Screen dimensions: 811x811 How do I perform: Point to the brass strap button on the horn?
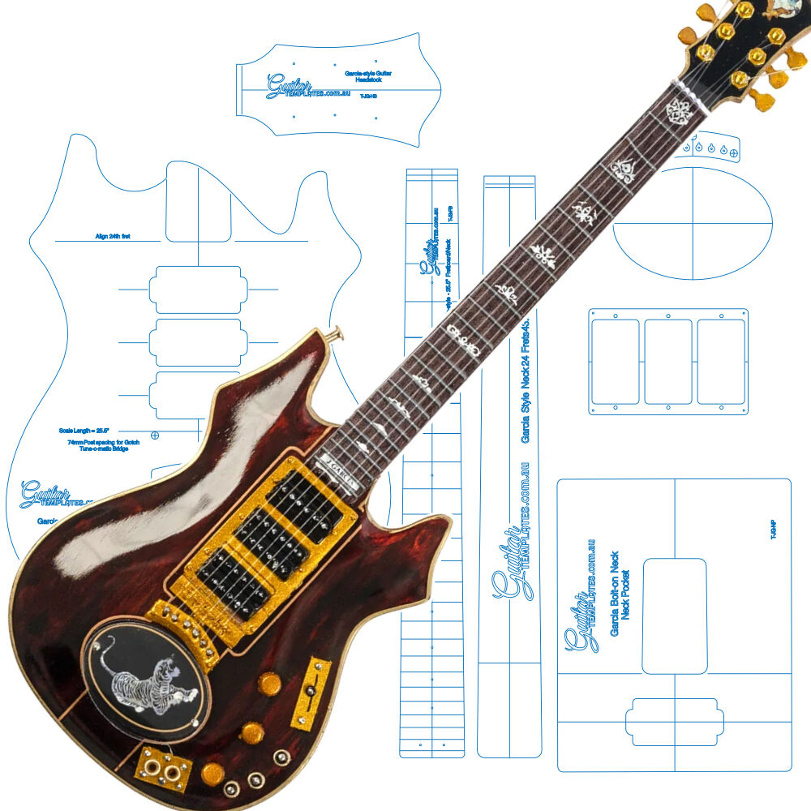pos(336,333)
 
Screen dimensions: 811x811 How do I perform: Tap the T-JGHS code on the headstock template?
pos(368,96)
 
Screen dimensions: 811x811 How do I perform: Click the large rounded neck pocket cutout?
pos(674,616)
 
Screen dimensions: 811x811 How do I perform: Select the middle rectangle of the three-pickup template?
pos(667,361)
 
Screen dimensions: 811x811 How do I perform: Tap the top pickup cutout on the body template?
pos(195,290)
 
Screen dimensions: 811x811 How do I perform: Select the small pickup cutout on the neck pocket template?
pos(674,719)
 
